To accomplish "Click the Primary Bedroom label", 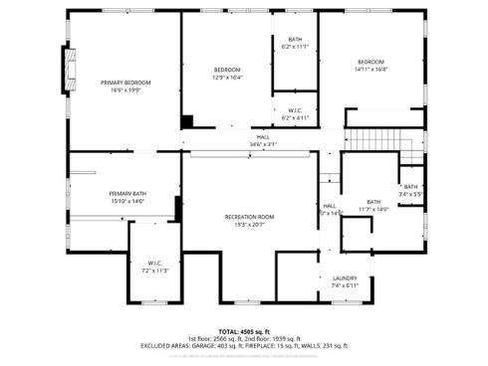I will point(125,82).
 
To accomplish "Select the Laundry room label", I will point(345,277).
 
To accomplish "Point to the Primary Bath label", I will point(127,193).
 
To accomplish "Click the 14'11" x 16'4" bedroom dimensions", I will point(370,69).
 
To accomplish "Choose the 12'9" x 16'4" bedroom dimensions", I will point(228,77).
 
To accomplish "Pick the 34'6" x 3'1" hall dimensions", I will point(263,144).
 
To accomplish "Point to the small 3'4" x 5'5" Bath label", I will point(410,187).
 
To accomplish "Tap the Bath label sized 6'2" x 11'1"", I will point(296,39).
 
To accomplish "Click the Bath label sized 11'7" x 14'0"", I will point(373,201).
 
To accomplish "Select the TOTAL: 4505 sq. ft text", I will point(244,331).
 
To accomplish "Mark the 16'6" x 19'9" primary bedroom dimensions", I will point(125,90).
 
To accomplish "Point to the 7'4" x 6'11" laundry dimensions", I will point(345,285).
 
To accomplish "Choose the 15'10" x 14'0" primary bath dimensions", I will point(127,201).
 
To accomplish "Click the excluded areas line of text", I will point(244,345).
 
